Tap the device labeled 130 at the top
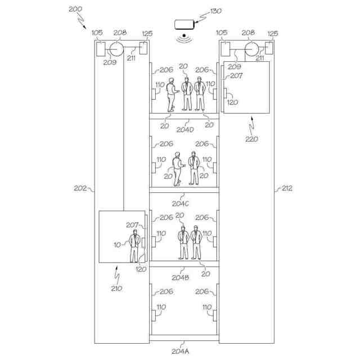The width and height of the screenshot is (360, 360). (184, 25)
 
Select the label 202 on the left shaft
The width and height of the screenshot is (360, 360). (80, 188)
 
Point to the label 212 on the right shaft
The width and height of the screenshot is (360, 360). (286, 188)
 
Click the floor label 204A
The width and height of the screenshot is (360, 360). (181, 350)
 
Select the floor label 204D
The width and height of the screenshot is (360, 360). (184, 129)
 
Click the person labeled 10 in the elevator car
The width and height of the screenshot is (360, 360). (134, 246)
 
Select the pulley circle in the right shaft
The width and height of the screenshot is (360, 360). (249, 49)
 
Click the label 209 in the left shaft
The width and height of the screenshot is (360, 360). (110, 63)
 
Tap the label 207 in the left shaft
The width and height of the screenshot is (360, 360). (132, 225)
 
